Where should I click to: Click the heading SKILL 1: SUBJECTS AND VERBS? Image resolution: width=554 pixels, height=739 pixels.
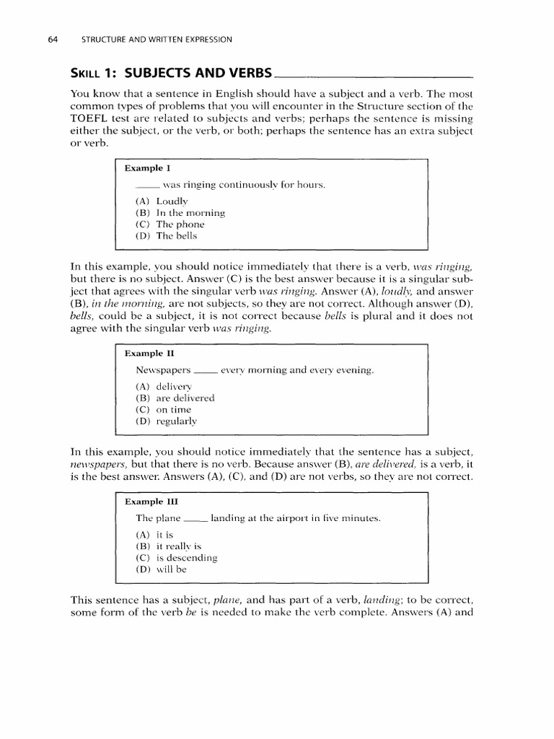[172, 73]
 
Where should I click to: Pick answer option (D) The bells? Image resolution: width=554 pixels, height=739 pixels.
[166, 235]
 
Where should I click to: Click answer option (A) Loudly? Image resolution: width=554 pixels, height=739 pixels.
[162, 201]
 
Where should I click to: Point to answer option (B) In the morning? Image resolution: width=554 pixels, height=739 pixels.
[180, 212]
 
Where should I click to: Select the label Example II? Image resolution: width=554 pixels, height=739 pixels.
[149, 354]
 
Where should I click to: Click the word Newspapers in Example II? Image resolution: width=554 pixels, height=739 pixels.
[163, 370]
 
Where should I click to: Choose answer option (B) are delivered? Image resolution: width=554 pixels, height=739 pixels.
[175, 398]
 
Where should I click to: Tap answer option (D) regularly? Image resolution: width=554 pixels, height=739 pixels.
[166, 421]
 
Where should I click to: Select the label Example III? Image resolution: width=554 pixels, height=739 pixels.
[151, 501]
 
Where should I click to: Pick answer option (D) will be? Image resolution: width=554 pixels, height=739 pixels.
[161, 569]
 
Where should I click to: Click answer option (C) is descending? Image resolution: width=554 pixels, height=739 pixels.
[176, 557]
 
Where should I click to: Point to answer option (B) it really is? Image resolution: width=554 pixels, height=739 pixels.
[168, 546]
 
